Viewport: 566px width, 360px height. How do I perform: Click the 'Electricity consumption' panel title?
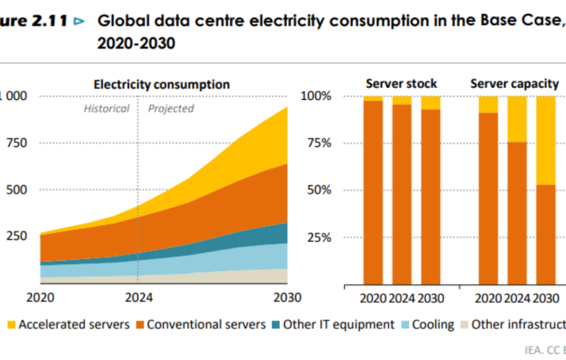(x=161, y=85)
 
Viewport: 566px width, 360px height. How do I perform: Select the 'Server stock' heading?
(x=402, y=84)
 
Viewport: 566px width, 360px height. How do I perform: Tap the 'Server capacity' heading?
(x=515, y=84)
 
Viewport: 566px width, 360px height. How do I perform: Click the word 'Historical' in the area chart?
(x=107, y=108)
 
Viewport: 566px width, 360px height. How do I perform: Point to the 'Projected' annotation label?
(x=171, y=108)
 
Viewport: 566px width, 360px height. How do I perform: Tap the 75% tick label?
(x=317, y=143)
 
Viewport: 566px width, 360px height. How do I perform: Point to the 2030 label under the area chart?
(x=287, y=297)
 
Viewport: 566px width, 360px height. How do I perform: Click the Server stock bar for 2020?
(x=373, y=193)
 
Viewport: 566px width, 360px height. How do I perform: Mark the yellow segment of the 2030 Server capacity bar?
(x=545, y=140)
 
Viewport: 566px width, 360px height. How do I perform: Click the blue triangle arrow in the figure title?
(x=80, y=21)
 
